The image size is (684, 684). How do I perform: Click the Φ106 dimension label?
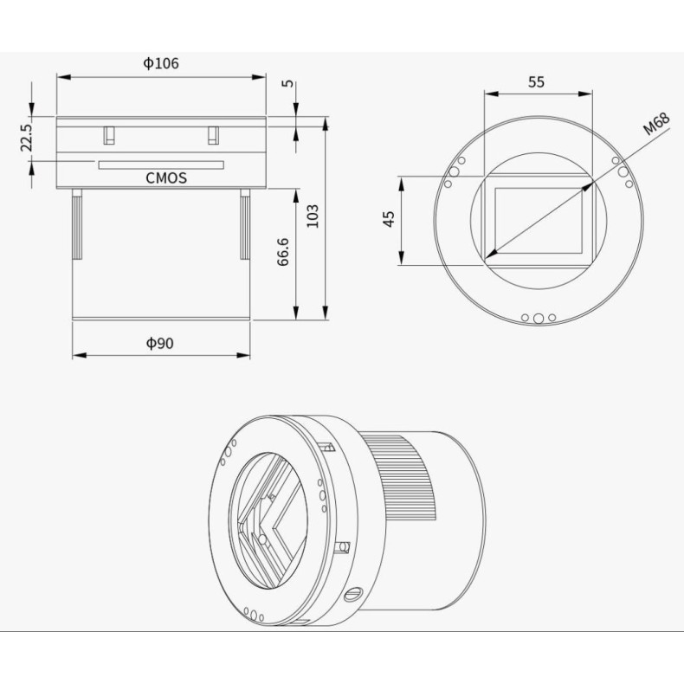[x=161, y=63]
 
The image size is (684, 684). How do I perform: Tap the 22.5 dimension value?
[x=26, y=138]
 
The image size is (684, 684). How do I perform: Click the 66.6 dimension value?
[x=283, y=251]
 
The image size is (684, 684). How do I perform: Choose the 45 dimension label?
[x=389, y=219]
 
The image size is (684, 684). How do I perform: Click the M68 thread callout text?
[x=656, y=125]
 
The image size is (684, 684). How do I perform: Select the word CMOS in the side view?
[x=166, y=179]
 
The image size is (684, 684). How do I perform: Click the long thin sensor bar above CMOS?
[x=160, y=165]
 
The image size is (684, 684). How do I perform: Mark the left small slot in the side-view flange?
[x=109, y=135]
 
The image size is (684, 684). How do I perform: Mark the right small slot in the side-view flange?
[x=213, y=135]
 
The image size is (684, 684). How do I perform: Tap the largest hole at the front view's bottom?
[x=539, y=318]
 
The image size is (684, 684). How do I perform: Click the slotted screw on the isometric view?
[x=352, y=594]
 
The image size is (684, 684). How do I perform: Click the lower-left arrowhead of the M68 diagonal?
[x=490, y=254]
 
